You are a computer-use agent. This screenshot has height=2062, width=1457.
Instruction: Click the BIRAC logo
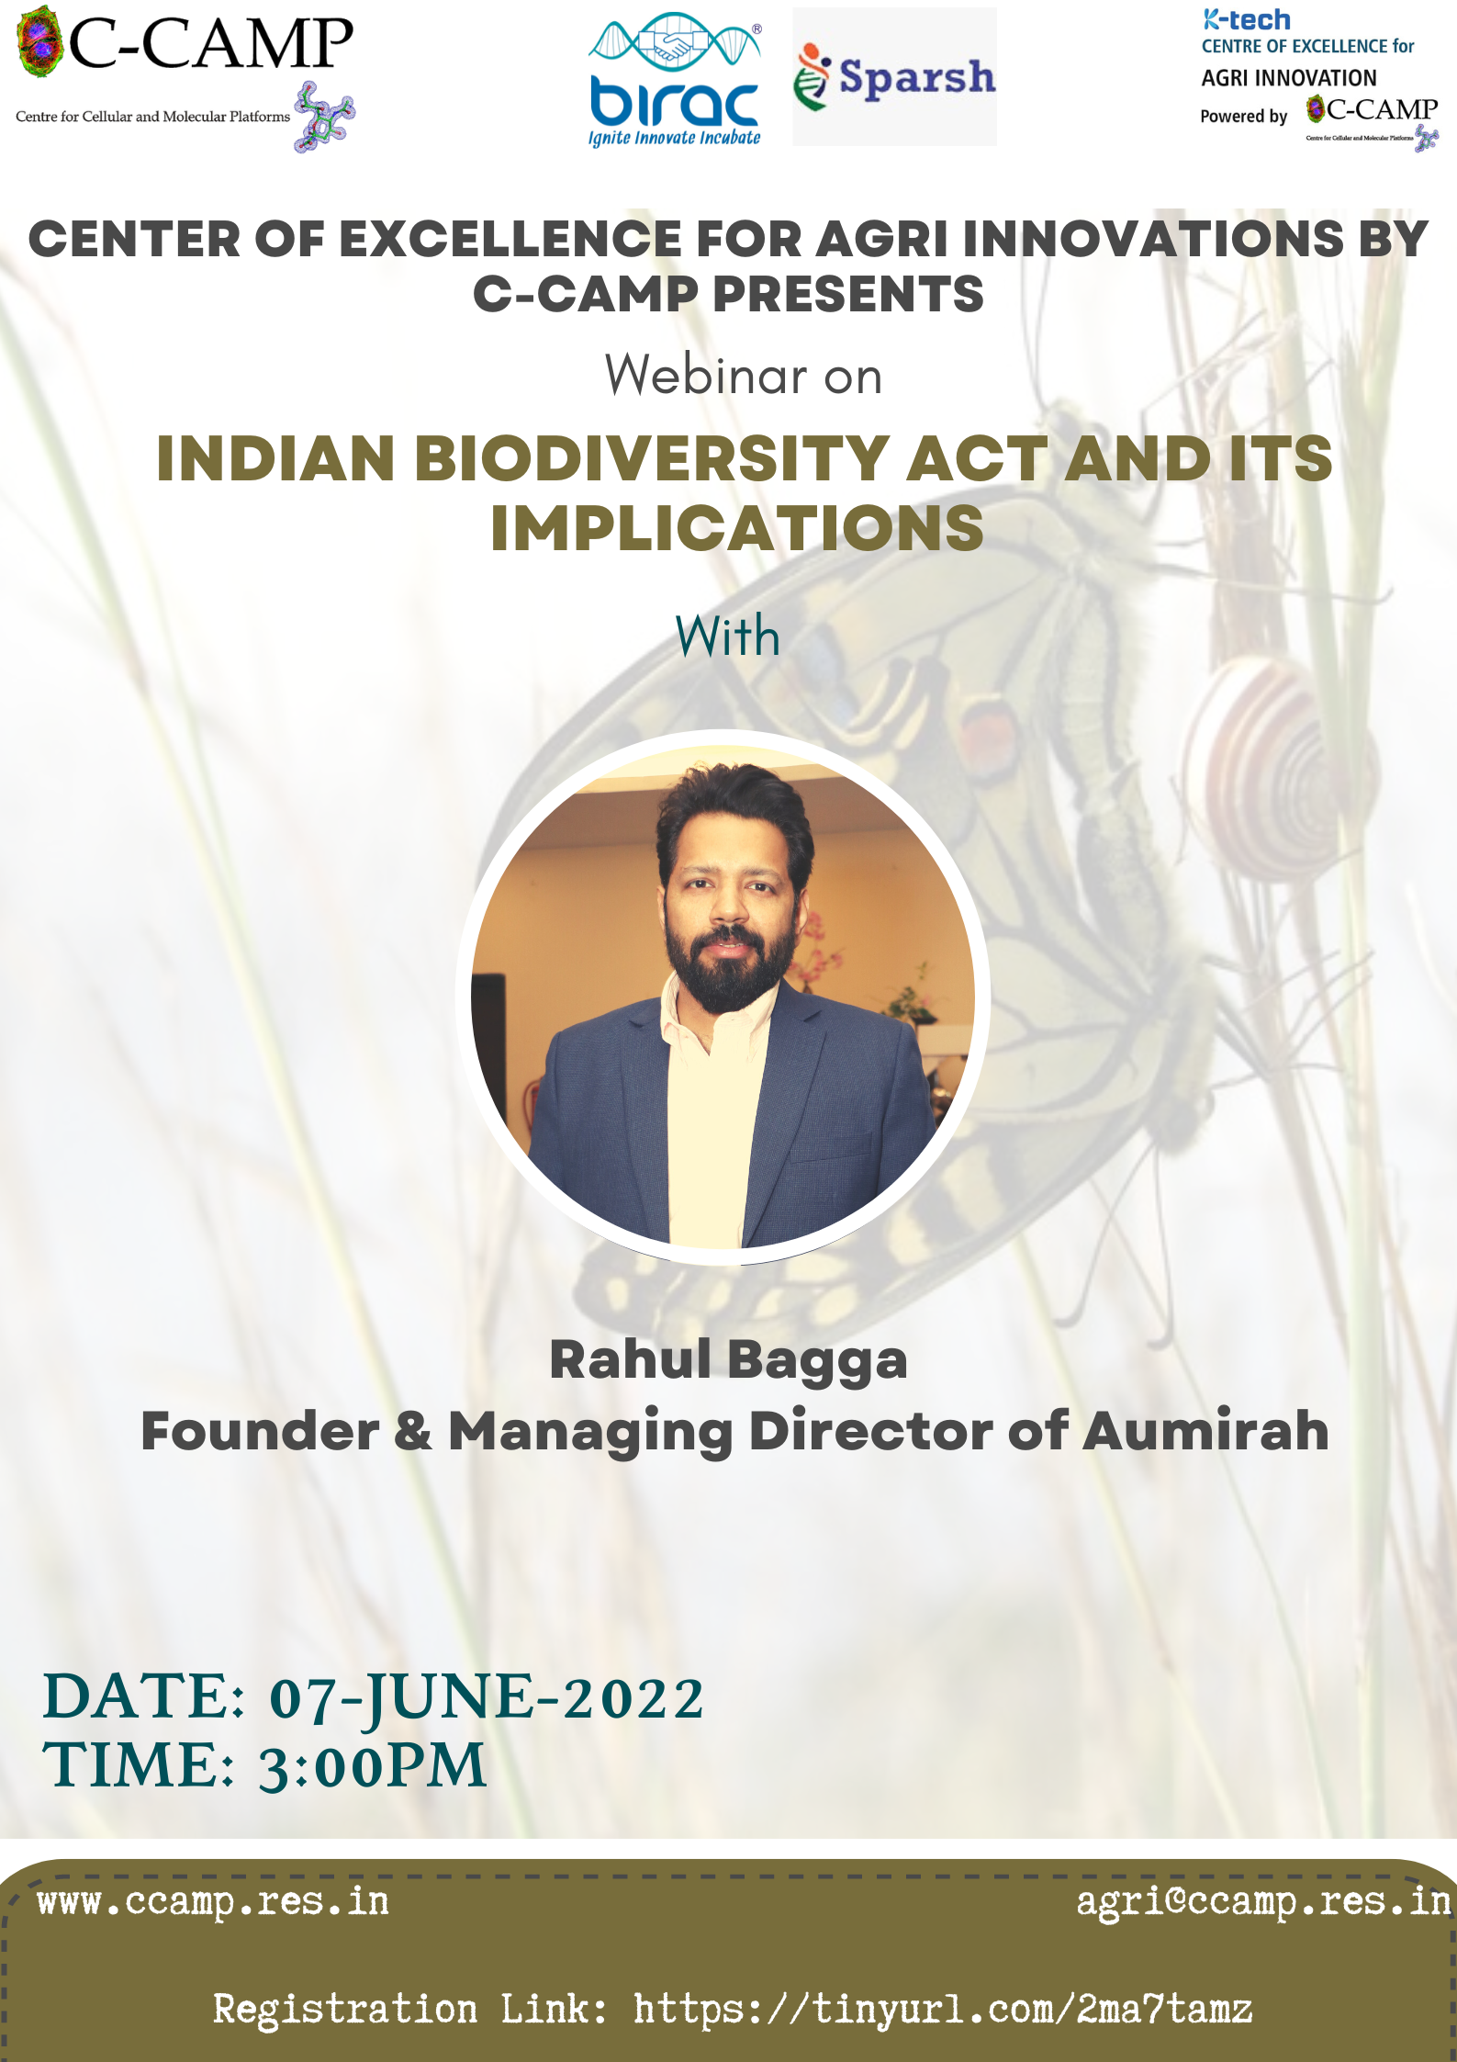pos(675,79)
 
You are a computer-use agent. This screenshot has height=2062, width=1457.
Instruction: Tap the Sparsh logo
pos(894,76)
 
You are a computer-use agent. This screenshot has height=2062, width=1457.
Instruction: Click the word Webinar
pos(706,375)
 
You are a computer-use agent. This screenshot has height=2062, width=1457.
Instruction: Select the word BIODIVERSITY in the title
pos(651,458)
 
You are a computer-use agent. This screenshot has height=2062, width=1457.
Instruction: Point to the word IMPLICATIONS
pos(737,528)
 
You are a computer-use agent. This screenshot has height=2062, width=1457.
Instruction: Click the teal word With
pos(728,636)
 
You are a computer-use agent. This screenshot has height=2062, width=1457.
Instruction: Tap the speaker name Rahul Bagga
pos(728,1359)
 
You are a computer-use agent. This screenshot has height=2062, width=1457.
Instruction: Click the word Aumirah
pos(1205,1430)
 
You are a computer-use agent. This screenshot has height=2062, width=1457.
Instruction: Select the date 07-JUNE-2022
pos(487,1697)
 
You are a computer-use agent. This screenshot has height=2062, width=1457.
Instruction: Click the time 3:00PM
pos(372,1765)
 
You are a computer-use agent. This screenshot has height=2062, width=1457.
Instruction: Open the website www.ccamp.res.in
pos(213,1902)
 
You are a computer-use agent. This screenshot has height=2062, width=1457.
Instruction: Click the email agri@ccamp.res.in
pos(1263,1902)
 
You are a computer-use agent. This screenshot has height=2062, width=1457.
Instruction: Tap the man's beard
pos(728,964)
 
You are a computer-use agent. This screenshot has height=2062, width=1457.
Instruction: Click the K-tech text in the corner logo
pos(1247,19)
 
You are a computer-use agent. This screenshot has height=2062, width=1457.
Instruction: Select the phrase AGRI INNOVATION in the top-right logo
pos(1289,78)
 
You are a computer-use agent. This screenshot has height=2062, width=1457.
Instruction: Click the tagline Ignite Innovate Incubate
pos(675,138)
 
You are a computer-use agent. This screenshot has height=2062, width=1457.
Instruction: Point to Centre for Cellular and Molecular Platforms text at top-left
pos(152,117)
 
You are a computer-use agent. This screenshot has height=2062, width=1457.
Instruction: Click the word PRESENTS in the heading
pos(848,295)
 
